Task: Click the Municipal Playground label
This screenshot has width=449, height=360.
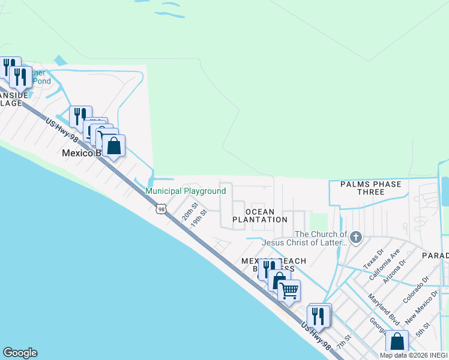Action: click(x=186, y=191)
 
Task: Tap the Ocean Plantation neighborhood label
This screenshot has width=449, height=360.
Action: click(x=261, y=216)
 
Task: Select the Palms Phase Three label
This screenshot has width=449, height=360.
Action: click(x=370, y=188)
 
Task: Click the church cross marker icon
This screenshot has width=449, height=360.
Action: click(x=356, y=236)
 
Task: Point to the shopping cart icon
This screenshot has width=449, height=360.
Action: click(x=289, y=291)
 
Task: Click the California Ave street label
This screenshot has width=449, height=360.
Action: click(x=387, y=259)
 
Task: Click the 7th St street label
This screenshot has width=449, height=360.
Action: click(x=343, y=344)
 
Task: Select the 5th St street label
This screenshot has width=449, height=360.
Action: click(x=423, y=329)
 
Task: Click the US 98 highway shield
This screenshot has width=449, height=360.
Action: click(x=159, y=208)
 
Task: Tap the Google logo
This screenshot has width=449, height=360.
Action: click(x=20, y=353)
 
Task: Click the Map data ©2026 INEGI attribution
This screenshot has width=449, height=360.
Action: click(x=414, y=355)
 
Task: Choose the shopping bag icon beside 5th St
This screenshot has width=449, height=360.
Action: click(x=397, y=342)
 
